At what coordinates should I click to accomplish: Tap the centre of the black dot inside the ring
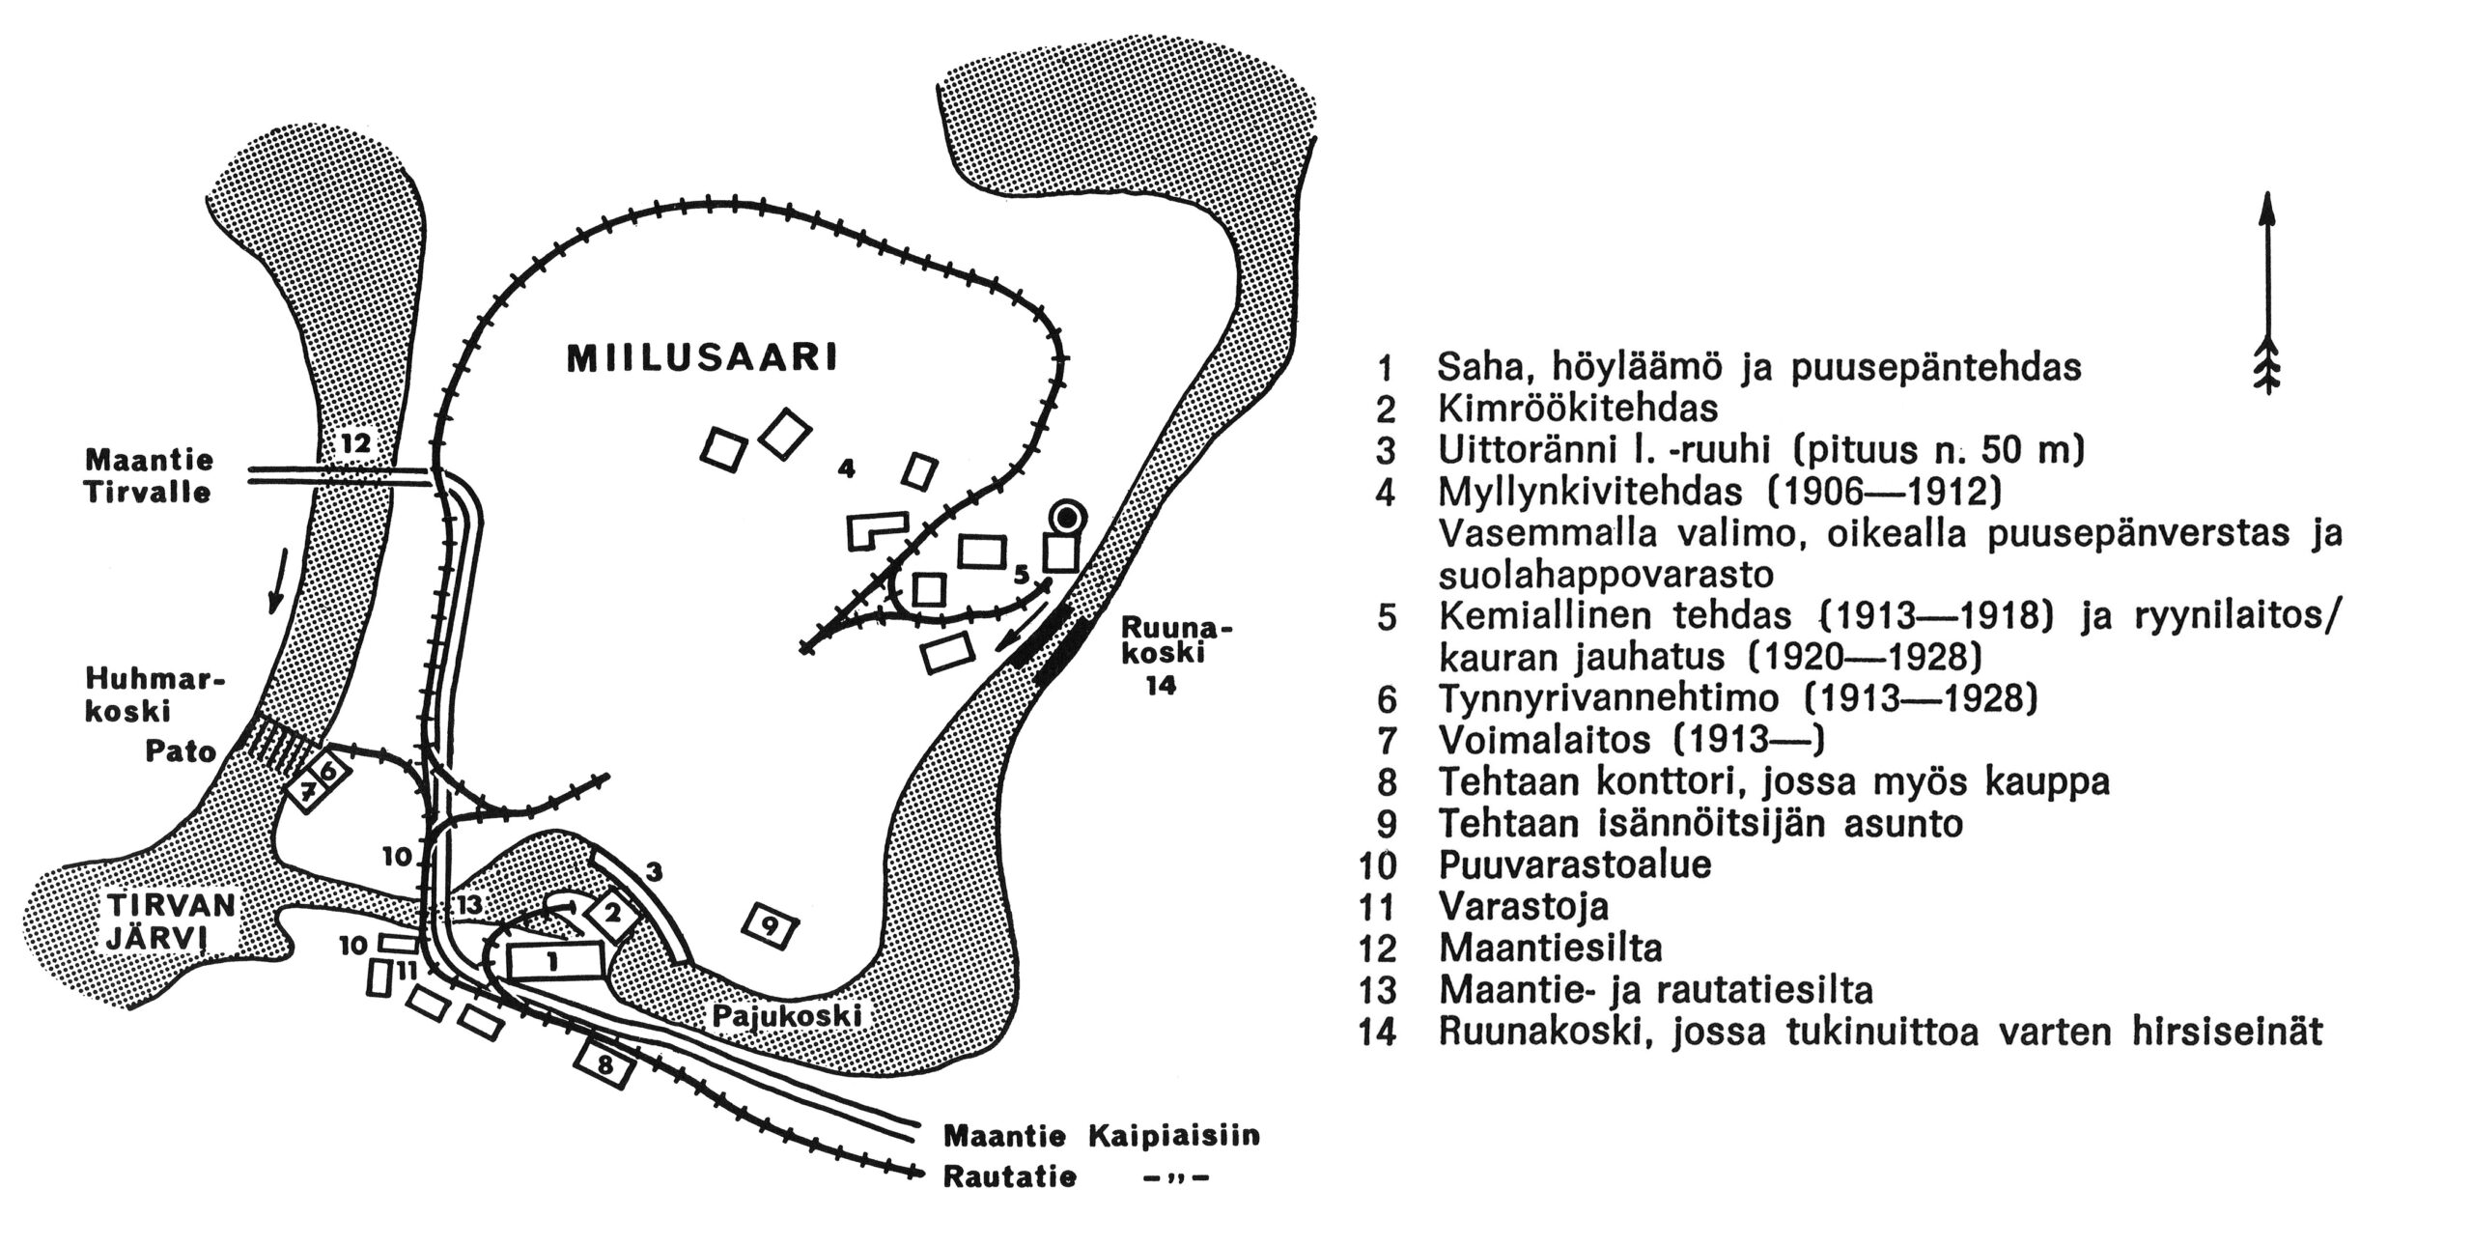[1065, 519]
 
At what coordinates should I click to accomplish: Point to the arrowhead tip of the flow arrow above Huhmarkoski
[274, 612]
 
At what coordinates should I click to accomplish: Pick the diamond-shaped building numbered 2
[612, 913]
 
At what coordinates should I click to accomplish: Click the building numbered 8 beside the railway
[605, 1065]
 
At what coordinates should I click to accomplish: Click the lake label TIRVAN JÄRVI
[170, 920]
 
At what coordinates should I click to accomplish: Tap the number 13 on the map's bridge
[469, 904]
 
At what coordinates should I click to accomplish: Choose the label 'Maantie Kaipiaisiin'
[1102, 1135]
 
